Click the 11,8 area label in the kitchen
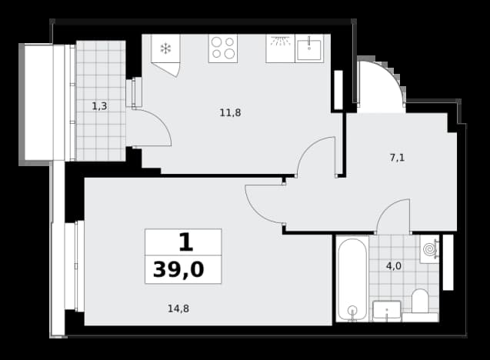230,112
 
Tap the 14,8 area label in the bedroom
178,308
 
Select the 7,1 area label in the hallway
397,158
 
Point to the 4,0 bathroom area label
394,266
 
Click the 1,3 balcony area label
99,106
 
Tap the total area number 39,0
178,270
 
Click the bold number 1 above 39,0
186,242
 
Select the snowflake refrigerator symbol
165,48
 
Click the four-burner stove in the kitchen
223,48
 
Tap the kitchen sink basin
309,49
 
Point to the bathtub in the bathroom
352,278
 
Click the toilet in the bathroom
420,305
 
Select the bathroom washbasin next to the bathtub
387,311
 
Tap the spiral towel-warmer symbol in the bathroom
429,249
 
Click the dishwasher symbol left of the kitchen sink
280,48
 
